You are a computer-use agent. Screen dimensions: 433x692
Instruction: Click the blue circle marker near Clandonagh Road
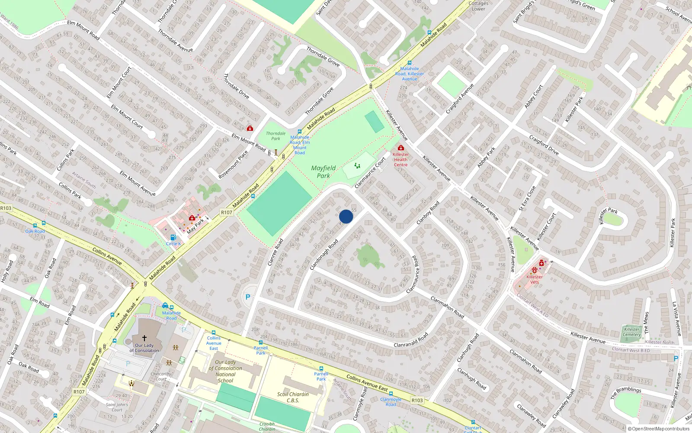(346, 216)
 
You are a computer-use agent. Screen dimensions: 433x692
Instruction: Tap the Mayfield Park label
(323, 171)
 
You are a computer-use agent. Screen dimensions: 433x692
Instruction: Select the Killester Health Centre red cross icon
(400, 148)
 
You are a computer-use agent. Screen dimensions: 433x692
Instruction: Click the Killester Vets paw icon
(535, 270)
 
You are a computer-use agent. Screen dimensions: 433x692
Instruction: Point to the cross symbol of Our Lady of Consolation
(144, 338)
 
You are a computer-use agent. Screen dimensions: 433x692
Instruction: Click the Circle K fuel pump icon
(173, 237)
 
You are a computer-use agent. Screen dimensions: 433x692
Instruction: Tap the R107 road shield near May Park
(226, 212)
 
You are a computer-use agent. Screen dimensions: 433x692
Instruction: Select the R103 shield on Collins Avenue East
(417, 401)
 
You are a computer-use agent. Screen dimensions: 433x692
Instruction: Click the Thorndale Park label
(276, 136)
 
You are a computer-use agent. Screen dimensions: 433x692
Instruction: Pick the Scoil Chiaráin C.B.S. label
(293, 397)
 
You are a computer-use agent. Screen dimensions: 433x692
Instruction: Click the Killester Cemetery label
(632, 332)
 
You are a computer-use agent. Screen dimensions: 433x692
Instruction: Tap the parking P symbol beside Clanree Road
(248, 297)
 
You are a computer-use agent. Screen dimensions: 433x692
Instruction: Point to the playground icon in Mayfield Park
(357, 165)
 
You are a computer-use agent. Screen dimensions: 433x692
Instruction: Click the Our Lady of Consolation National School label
(225, 371)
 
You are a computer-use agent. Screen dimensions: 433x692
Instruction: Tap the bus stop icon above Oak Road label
(35, 226)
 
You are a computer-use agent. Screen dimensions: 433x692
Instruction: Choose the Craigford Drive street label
(544, 145)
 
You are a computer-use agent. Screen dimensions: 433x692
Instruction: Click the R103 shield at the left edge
(6, 208)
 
